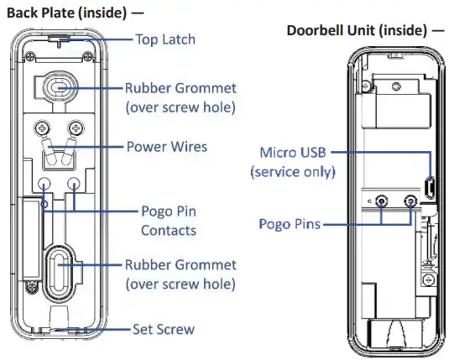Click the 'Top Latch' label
click(165, 39)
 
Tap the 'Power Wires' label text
click(167, 147)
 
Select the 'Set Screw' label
click(164, 329)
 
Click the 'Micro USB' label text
click(293, 153)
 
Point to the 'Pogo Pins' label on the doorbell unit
click(290, 224)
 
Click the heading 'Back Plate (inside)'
click(66, 13)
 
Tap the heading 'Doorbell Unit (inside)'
click(357, 30)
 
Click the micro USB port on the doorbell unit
click(430, 188)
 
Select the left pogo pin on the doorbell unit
click(381, 201)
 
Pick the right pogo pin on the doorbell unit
click(410, 201)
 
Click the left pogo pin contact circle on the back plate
click(44, 183)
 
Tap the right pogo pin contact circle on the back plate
click(74, 183)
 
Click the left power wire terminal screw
click(42, 128)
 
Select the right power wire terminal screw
click(76, 128)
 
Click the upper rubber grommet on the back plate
click(60, 86)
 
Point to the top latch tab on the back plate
click(60, 38)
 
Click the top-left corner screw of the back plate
click(30, 57)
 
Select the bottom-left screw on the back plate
click(32, 287)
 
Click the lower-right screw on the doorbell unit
click(429, 280)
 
